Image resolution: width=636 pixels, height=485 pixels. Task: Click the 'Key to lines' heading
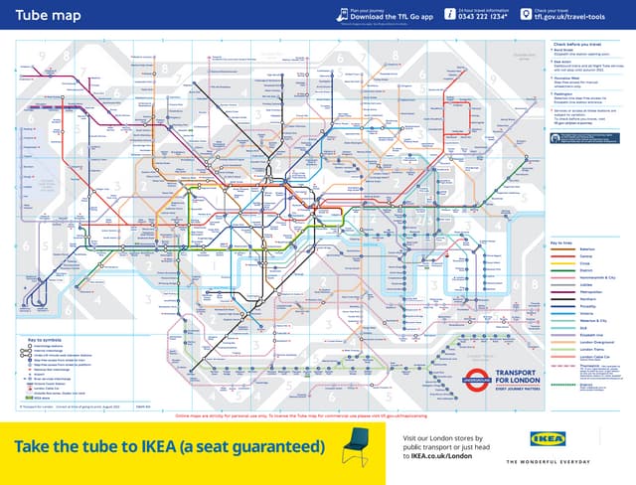[562, 242]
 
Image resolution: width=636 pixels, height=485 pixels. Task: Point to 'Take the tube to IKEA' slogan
[169, 445]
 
